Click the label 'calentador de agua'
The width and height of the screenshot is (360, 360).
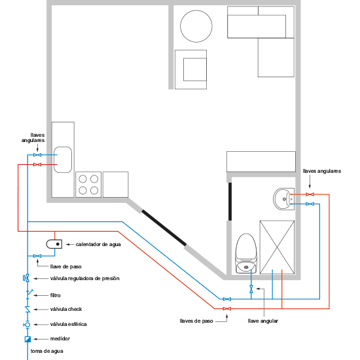click(98, 244)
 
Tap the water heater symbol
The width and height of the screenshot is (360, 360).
click(54, 244)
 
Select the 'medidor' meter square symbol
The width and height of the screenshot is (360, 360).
click(27, 339)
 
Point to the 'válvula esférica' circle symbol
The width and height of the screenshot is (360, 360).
click(27, 325)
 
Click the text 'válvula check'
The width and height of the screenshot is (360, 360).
click(66, 309)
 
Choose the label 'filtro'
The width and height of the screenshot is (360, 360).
click(56, 295)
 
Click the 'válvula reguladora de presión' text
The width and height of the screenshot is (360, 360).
click(84, 278)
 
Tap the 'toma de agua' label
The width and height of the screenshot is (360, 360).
click(47, 351)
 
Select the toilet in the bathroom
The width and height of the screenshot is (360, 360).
click(246, 253)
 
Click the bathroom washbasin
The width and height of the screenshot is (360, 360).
click(284, 199)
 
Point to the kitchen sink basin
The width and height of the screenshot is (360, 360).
click(63, 160)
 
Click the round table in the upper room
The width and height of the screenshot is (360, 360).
click(196, 26)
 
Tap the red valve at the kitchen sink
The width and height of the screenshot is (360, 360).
click(37, 164)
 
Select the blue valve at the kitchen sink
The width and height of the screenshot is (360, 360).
click(37, 155)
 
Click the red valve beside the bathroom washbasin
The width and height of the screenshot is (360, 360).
click(310, 194)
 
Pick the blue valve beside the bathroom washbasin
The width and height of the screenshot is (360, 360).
click(310, 204)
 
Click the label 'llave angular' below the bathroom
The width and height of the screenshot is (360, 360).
click(263, 321)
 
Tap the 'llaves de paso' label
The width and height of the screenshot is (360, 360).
click(196, 321)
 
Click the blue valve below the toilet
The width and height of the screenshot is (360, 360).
click(251, 289)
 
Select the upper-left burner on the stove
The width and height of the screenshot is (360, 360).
click(82, 179)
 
